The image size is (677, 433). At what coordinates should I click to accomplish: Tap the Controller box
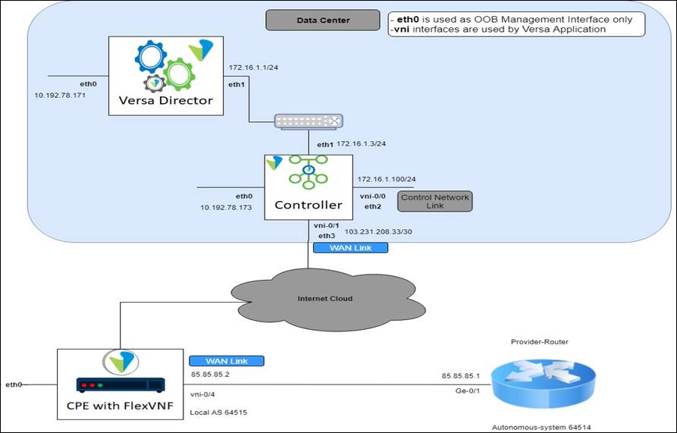pos(308,187)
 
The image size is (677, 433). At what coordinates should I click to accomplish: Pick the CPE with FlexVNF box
pos(118,384)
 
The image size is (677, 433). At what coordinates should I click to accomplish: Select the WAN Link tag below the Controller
pos(350,248)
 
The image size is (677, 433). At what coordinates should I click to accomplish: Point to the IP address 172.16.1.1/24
pos(254,67)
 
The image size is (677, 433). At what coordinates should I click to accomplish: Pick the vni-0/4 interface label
pos(202,394)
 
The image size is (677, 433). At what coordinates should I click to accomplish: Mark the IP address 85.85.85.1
pos(462,375)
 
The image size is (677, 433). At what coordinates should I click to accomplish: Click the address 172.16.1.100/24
pos(386,179)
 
